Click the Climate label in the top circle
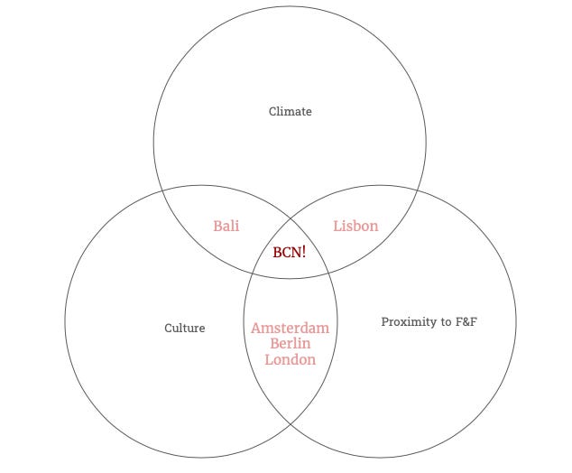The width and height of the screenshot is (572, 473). pos(291,112)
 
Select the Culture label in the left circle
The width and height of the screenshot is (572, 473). pos(184,329)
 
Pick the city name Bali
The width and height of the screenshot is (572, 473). pos(226,226)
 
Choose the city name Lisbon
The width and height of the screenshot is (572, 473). pos(355,226)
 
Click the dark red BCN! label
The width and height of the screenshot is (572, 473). pos(290,253)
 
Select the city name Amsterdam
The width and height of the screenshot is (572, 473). pos(290,328)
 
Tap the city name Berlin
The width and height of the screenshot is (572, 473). pos(290,344)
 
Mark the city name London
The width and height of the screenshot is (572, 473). pos(290,359)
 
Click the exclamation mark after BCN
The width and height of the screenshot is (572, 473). pos(303,253)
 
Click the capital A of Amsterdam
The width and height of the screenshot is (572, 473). pos(256,328)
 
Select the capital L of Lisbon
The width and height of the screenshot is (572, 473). pos(337,226)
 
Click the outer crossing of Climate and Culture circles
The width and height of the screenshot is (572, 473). pos(161,191)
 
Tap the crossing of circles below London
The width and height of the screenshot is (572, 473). pos(291,424)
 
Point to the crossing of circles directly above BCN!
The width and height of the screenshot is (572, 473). pos(291,217)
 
